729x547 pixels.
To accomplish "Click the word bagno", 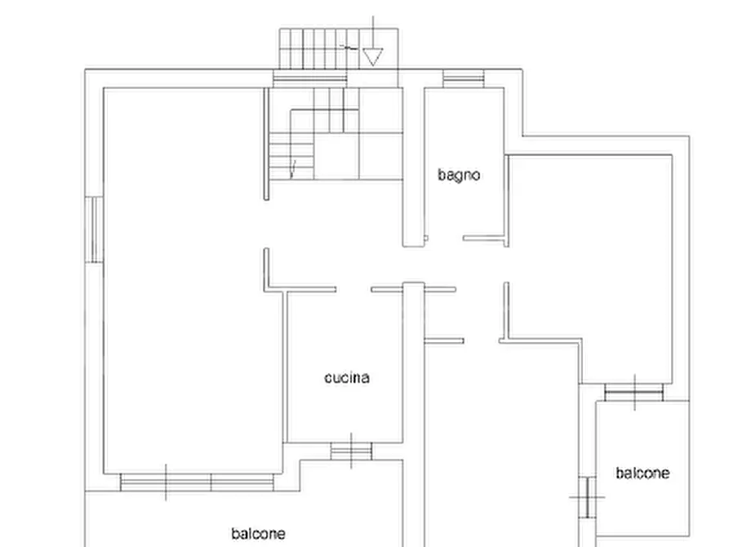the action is [459, 176].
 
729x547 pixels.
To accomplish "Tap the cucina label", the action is [347, 378].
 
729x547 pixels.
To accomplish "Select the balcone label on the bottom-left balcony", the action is [259, 533].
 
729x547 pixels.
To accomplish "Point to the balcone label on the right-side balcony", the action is [642, 473].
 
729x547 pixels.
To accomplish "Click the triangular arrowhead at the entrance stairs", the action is [373, 56].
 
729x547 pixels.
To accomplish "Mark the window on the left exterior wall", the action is [94, 229].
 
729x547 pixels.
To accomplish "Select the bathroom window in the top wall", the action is [463, 78].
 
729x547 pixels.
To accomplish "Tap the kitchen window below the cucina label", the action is [351, 451].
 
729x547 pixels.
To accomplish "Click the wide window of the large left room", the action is [197, 483].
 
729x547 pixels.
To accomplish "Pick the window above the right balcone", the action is [634, 392].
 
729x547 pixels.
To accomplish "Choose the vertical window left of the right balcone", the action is [587, 497].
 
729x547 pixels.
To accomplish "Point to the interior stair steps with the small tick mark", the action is [291, 156].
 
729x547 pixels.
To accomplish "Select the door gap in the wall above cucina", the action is [353, 289].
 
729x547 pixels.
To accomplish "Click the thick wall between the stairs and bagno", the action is [413, 167].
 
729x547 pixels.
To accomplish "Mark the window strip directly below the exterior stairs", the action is [309, 78].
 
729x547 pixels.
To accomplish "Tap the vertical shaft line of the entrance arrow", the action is [373, 32].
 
